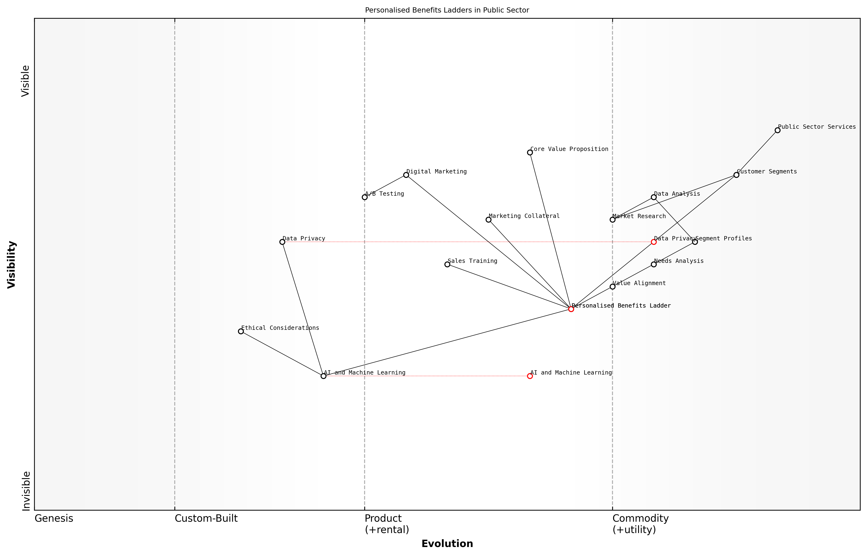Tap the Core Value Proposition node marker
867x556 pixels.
click(530, 153)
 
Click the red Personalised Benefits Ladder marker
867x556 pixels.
click(571, 309)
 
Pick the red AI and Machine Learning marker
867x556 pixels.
click(530, 376)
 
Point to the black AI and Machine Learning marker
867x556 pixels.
click(324, 376)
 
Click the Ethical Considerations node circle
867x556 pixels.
click(241, 331)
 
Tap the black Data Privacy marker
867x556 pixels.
click(282, 242)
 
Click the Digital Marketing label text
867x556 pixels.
click(436, 172)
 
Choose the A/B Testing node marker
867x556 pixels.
click(365, 197)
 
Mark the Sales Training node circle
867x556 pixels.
click(447, 264)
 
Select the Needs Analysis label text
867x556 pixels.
click(679, 261)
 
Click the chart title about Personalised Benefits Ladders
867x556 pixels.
click(447, 10)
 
